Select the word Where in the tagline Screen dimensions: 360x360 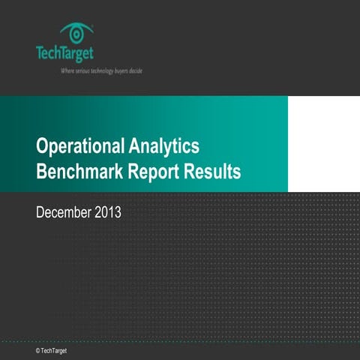(x=68, y=71)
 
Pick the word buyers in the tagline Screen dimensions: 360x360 (x=122, y=71)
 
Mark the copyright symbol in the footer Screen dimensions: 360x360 (x=37, y=350)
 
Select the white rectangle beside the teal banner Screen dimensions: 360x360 (x=324, y=144)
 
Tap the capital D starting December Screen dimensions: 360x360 (x=40, y=213)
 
